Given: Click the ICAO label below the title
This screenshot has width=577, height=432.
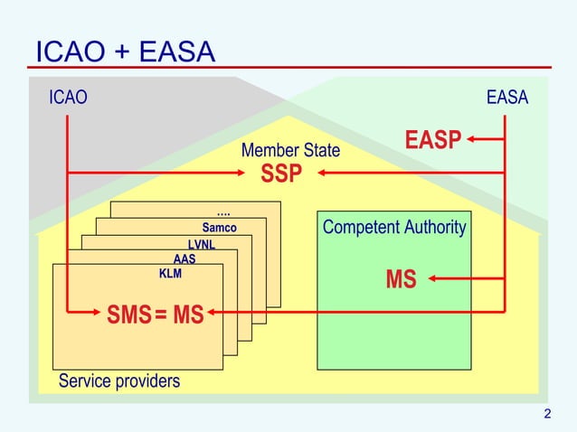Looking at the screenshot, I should click(x=69, y=98).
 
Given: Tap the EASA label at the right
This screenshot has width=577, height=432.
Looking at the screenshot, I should click(x=506, y=98).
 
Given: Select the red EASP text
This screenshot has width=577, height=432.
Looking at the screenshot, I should click(x=432, y=141).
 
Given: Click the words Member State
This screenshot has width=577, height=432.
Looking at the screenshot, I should click(x=290, y=150).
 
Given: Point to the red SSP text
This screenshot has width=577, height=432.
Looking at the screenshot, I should click(x=280, y=174).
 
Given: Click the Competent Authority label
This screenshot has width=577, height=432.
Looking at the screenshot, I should click(x=393, y=227).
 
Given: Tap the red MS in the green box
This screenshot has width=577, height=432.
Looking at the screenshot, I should click(x=401, y=280).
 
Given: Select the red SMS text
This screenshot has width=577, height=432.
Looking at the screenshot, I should click(x=128, y=315).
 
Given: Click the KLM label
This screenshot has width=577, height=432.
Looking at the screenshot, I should click(x=170, y=273).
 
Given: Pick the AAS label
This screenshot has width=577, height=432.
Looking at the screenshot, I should click(x=184, y=258).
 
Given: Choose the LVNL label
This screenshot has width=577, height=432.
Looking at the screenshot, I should click(x=201, y=244).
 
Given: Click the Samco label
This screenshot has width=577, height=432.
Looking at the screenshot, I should click(x=219, y=228).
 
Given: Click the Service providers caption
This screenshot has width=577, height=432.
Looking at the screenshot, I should click(x=119, y=380).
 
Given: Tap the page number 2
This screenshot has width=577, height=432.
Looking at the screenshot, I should click(x=547, y=415).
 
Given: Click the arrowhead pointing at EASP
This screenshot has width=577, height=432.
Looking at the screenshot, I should click(x=472, y=140).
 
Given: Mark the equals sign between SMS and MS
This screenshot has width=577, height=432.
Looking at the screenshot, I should click(x=160, y=316).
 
